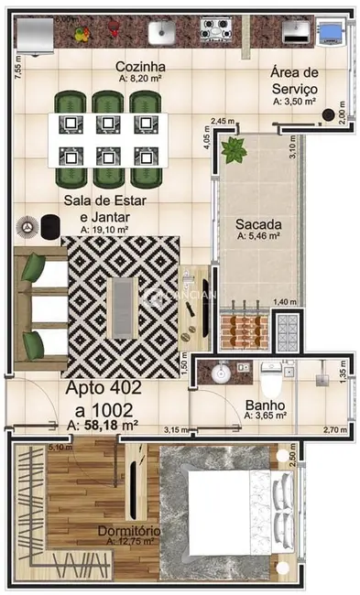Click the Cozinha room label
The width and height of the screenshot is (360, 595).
click(x=140, y=67)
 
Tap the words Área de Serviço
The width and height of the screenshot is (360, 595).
click(x=293, y=81)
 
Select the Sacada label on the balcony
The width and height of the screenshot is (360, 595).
click(x=257, y=223)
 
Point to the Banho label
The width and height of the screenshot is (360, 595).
click(x=266, y=405)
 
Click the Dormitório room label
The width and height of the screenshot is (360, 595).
click(x=130, y=531)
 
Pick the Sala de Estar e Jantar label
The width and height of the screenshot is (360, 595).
click(x=105, y=208)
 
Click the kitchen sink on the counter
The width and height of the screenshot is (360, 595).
click(x=162, y=33)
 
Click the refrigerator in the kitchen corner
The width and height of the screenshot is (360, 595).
click(x=35, y=35)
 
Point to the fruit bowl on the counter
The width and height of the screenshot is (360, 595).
click(x=82, y=35)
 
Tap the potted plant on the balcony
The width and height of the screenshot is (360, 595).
click(x=234, y=148)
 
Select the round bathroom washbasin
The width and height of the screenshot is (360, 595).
click(x=219, y=374)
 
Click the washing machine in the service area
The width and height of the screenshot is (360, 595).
click(x=330, y=35)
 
